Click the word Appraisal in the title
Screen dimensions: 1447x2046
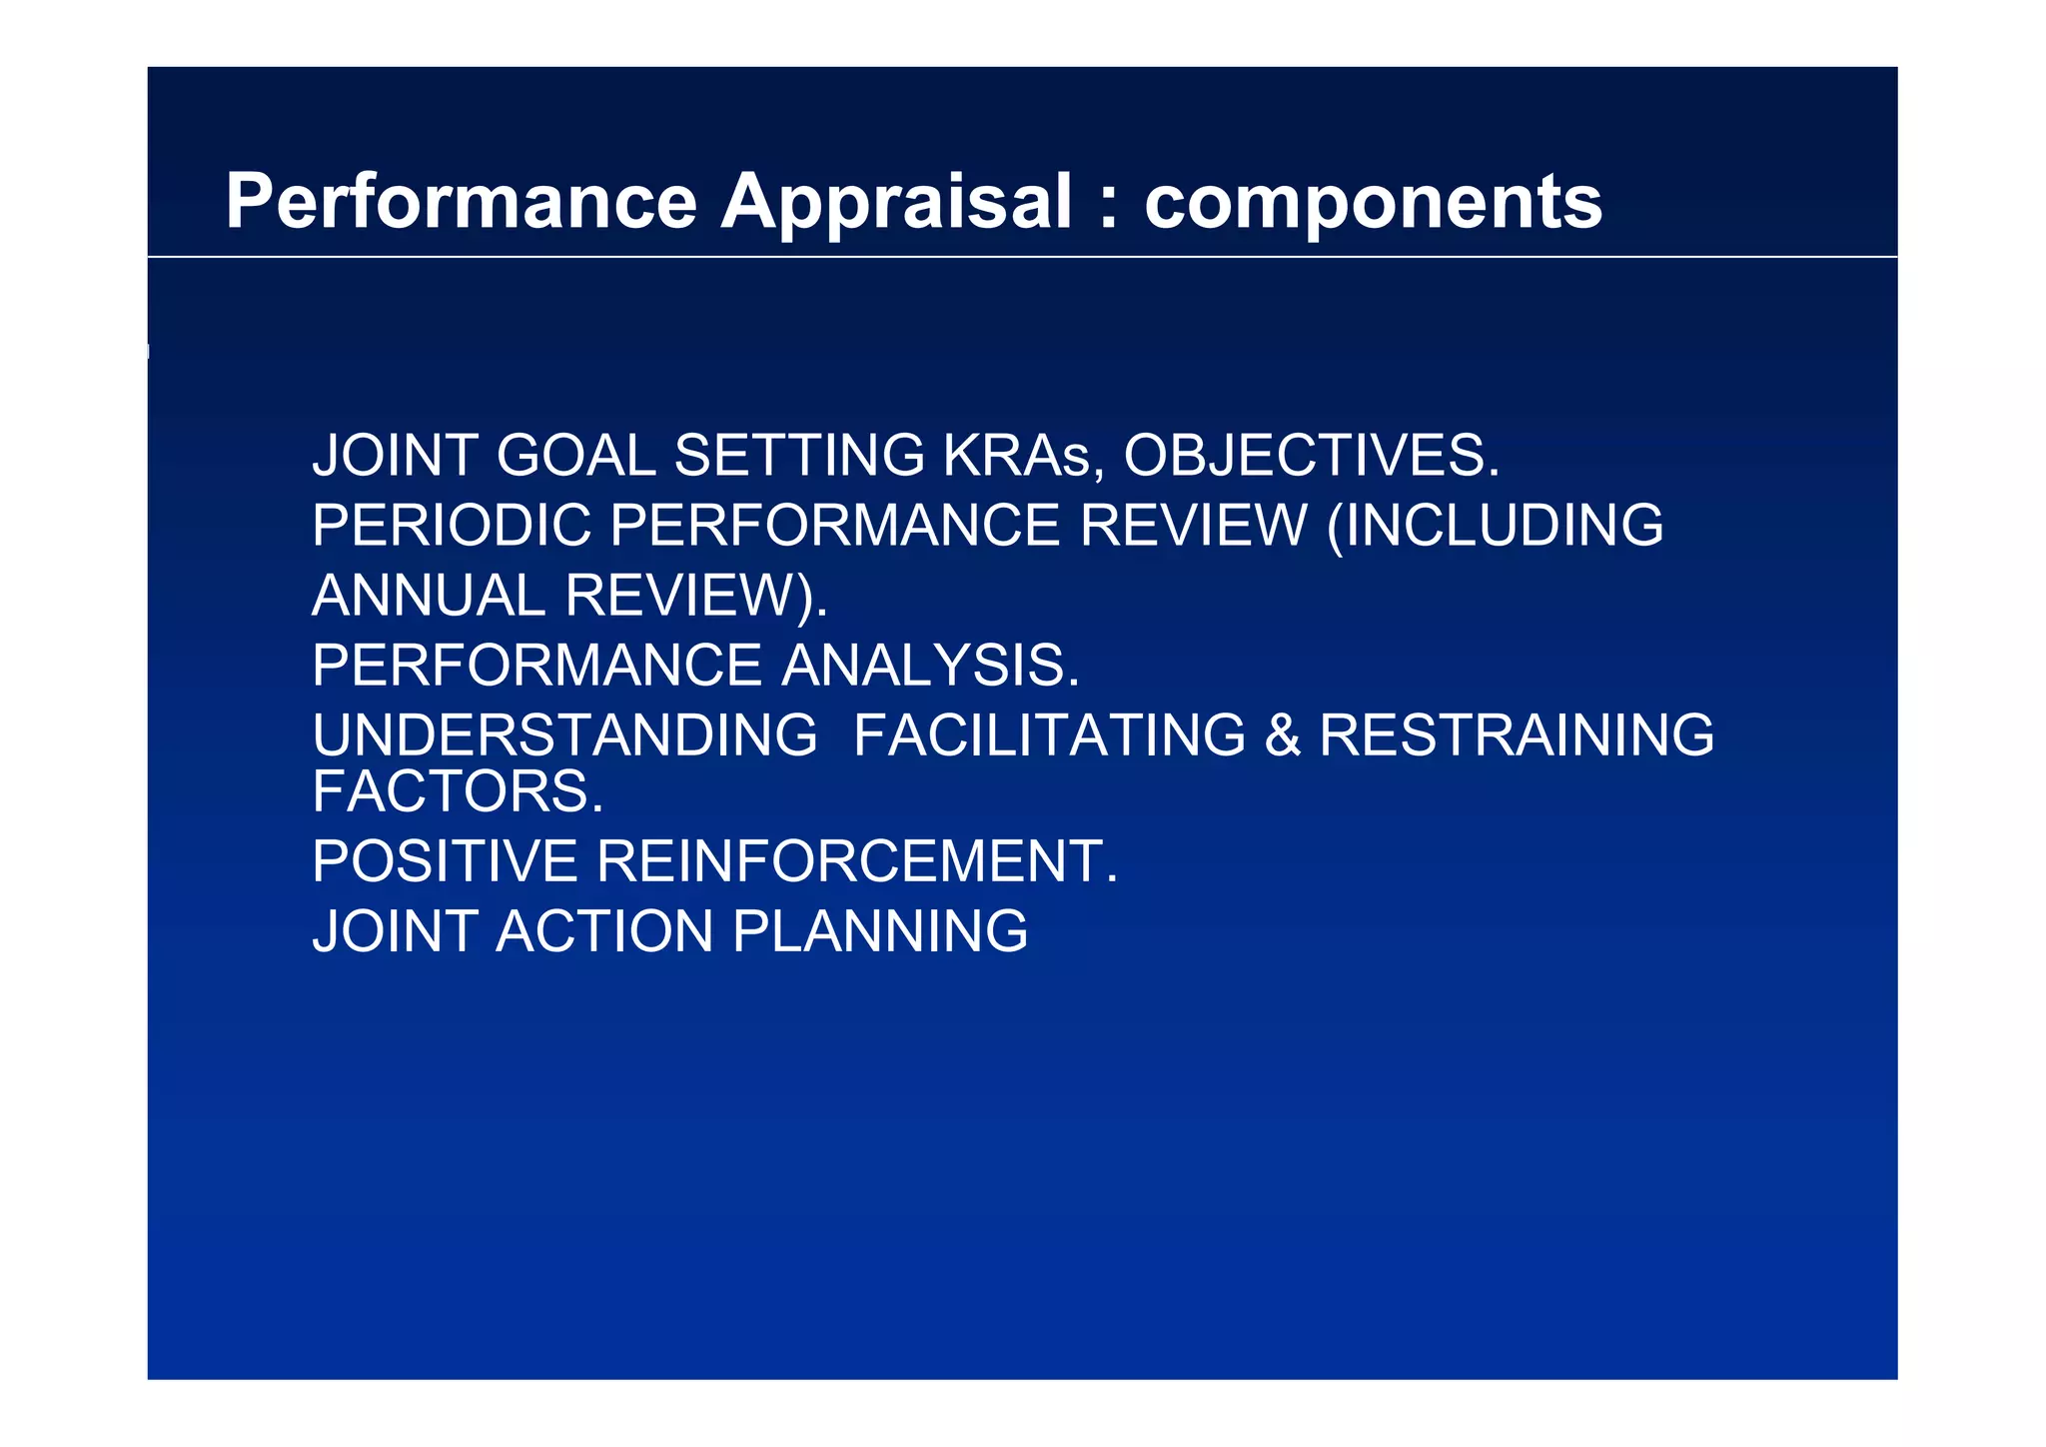click(x=896, y=203)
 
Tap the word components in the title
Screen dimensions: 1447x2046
click(x=1373, y=203)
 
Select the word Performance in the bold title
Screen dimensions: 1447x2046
click(x=461, y=203)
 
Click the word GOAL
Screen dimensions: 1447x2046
click(x=575, y=456)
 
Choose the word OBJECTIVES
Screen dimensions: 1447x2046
click(x=1311, y=456)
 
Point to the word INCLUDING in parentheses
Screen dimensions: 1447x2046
click(x=1503, y=526)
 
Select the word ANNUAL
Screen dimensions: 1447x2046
click(x=429, y=596)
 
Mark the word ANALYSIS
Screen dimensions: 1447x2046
click(x=930, y=666)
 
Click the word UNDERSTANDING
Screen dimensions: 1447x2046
click(x=564, y=735)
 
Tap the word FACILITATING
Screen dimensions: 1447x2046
click(x=1049, y=735)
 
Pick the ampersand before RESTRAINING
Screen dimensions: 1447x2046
click(x=1282, y=735)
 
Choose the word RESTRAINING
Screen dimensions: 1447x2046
click(x=1516, y=735)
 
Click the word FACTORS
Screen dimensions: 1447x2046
click(x=458, y=791)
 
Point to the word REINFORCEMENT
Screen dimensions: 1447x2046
click(x=856, y=861)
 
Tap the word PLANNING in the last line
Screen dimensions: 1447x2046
click(x=879, y=931)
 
